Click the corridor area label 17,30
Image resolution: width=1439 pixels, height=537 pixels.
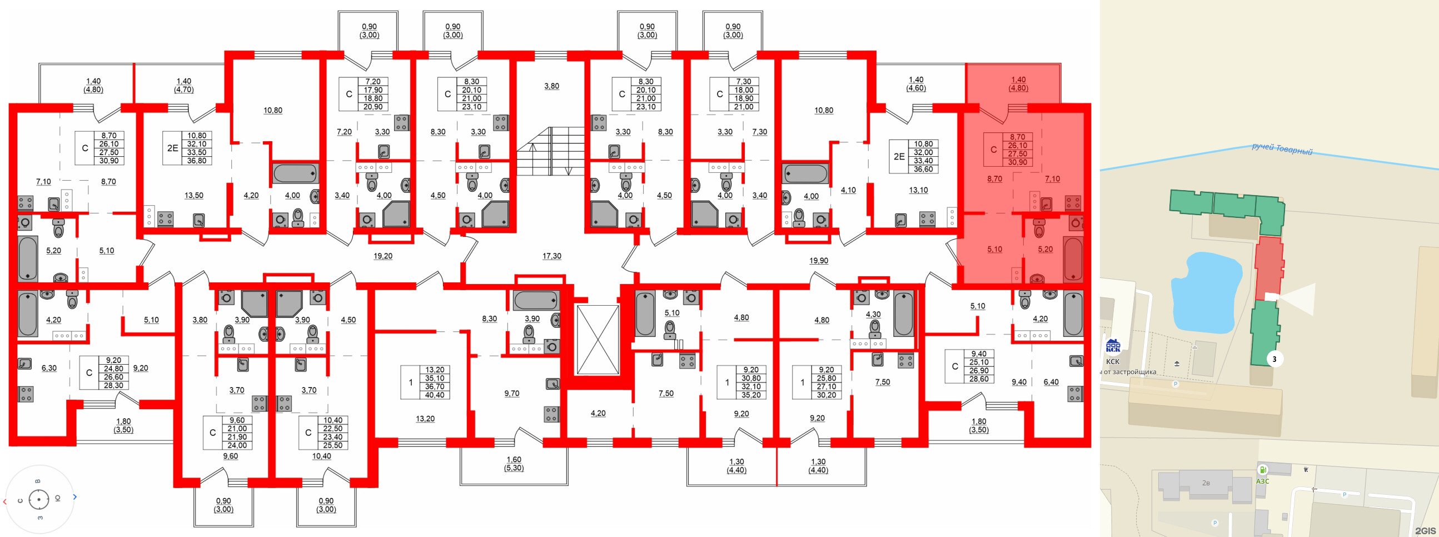[551, 256]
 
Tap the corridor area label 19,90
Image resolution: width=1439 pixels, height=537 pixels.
[818, 260]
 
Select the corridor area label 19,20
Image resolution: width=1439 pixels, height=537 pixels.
[382, 256]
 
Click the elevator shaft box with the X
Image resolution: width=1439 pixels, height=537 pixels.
[597, 339]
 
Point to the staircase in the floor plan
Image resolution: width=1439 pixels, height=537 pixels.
[550, 151]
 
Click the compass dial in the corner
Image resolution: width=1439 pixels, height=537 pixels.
[38, 499]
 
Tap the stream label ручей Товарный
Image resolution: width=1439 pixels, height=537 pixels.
[1282, 149]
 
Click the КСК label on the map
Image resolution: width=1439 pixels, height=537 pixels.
[1112, 361]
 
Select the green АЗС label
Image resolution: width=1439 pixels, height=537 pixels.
[1262, 481]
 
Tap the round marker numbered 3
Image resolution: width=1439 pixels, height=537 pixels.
[1274, 359]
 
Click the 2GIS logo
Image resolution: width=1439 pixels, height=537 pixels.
[1425, 530]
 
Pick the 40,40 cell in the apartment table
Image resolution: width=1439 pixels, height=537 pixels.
[435, 395]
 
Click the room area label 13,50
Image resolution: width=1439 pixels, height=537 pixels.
[194, 196]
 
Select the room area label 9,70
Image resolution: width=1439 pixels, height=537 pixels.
[511, 394]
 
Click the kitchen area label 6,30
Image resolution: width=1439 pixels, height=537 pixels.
[49, 368]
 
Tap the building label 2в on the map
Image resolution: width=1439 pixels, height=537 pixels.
[1206, 483]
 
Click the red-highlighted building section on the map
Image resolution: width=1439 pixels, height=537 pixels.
[1268, 268]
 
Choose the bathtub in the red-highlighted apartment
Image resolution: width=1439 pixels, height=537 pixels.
[1073, 258]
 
